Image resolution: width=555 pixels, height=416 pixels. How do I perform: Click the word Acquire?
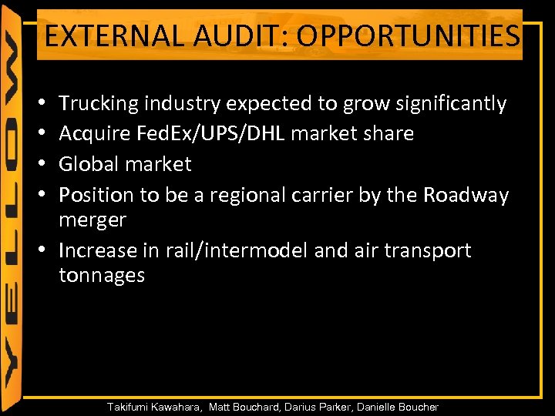tap(94, 134)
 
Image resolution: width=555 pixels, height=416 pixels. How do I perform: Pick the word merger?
tap(92, 220)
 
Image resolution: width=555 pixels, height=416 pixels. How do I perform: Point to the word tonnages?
tap(102, 275)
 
